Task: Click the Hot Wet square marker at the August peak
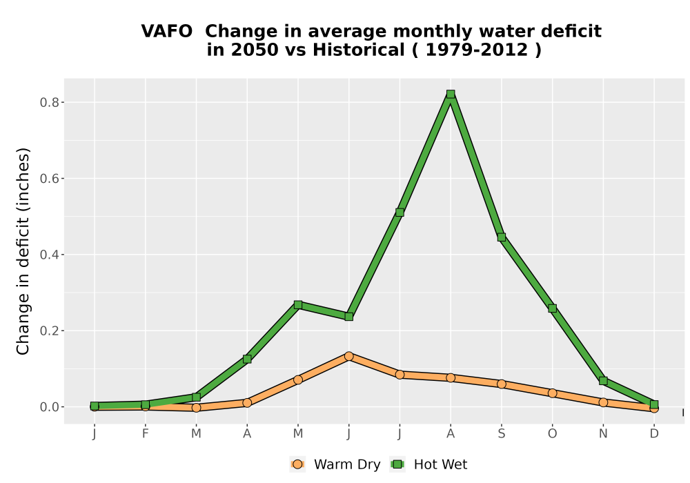[451, 94]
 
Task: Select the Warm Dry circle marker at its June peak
[349, 356]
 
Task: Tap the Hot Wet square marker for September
[501, 237]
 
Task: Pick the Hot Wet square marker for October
[552, 308]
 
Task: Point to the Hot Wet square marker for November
[603, 380]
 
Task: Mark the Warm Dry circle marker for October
[552, 393]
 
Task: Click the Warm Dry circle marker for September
[501, 384]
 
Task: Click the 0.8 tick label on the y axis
[49, 103]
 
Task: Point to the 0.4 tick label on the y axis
[49, 255]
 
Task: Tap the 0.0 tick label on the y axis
[49, 407]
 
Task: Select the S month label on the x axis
[501, 434]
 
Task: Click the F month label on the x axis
[145, 434]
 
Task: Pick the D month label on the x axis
[654, 434]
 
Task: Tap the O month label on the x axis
[552, 434]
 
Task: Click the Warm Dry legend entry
[335, 464]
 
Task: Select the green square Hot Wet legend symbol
[398, 464]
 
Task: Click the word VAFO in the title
[167, 31]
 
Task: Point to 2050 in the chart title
[255, 50]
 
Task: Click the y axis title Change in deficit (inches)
[23, 251]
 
